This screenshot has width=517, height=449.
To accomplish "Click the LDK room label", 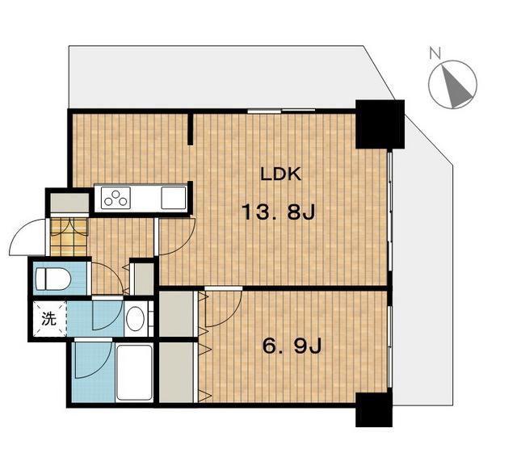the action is (281, 174).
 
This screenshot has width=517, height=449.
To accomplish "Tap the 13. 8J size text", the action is (279, 212).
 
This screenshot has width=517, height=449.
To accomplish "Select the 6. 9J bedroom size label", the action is (292, 346).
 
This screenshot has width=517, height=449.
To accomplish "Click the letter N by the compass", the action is (435, 53).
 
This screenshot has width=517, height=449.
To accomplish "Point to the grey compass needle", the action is (456, 87).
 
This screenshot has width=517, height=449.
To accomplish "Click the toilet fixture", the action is (53, 279).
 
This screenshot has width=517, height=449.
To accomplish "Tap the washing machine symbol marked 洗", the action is (49, 318).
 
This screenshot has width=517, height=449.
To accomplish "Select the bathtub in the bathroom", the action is (135, 372).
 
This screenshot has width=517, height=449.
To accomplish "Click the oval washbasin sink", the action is (135, 319).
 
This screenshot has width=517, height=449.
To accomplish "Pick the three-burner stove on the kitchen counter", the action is (116, 198).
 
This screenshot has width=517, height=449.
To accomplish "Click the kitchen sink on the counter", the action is (174, 198).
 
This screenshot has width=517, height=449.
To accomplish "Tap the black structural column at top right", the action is (380, 124).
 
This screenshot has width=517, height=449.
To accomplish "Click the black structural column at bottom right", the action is (374, 409).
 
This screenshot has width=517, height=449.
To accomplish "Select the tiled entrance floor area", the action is (69, 237).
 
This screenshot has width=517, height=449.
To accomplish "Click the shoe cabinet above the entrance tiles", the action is (69, 203).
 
